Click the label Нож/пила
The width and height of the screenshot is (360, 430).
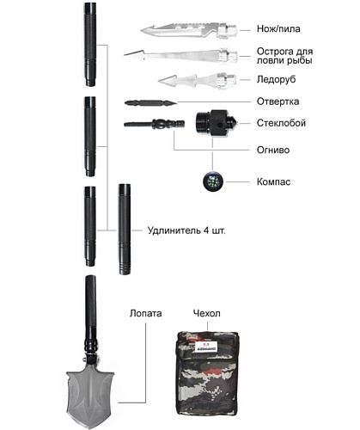pyautogui.click(x=278, y=29)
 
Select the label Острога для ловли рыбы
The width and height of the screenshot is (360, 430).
pyautogui.click(x=284, y=56)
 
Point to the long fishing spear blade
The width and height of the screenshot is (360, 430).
pyautogui.click(x=180, y=55)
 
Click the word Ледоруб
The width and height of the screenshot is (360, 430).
pyautogui.click(x=276, y=79)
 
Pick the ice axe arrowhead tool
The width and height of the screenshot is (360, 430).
pyautogui.click(x=198, y=81)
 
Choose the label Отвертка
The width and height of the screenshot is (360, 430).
pyautogui.click(x=278, y=101)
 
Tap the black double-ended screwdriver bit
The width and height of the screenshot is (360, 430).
pyautogui.click(x=150, y=102)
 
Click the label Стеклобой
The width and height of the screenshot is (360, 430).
pyautogui.click(x=281, y=123)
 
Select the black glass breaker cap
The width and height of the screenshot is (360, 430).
pyautogui.click(x=216, y=123)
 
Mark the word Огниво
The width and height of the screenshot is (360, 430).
pyautogui.click(x=273, y=150)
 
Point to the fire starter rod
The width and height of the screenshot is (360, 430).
pyautogui.click(x=154, y=124)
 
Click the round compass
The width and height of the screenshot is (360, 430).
pyautogui.click(x=213, y=181)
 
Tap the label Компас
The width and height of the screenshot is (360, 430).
pyautogui.click(x=273, y=181)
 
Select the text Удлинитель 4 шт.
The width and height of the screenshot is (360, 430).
pyautogui.click(x=186, y=230)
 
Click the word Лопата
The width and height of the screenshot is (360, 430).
pyautogui.click(x=146, y=313)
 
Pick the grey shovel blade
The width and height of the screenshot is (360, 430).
pyautogui.click(x=90, y=396)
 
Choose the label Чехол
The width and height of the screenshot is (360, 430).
pyautogui.click(x=207, y=313)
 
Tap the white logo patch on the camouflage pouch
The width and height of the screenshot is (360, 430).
pyautogui.click(x=204, y=346)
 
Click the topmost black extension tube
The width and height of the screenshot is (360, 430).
pyautogui.click(x=90, y=45)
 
